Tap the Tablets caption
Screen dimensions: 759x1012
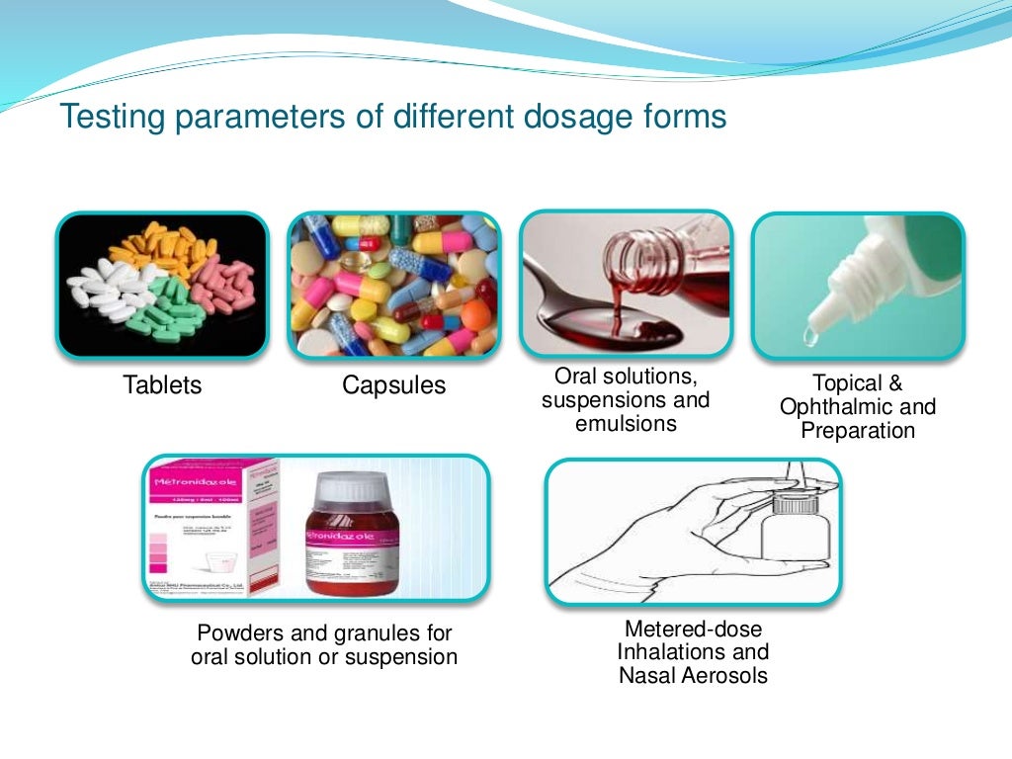pos(162,385)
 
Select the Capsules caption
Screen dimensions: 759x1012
pos(393,385)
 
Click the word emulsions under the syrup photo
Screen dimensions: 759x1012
pos(626,424)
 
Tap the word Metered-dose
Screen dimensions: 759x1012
pos(693,630)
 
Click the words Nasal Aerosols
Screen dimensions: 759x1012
pos(693,676)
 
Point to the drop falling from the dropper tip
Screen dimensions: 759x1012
pos(810,338)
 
